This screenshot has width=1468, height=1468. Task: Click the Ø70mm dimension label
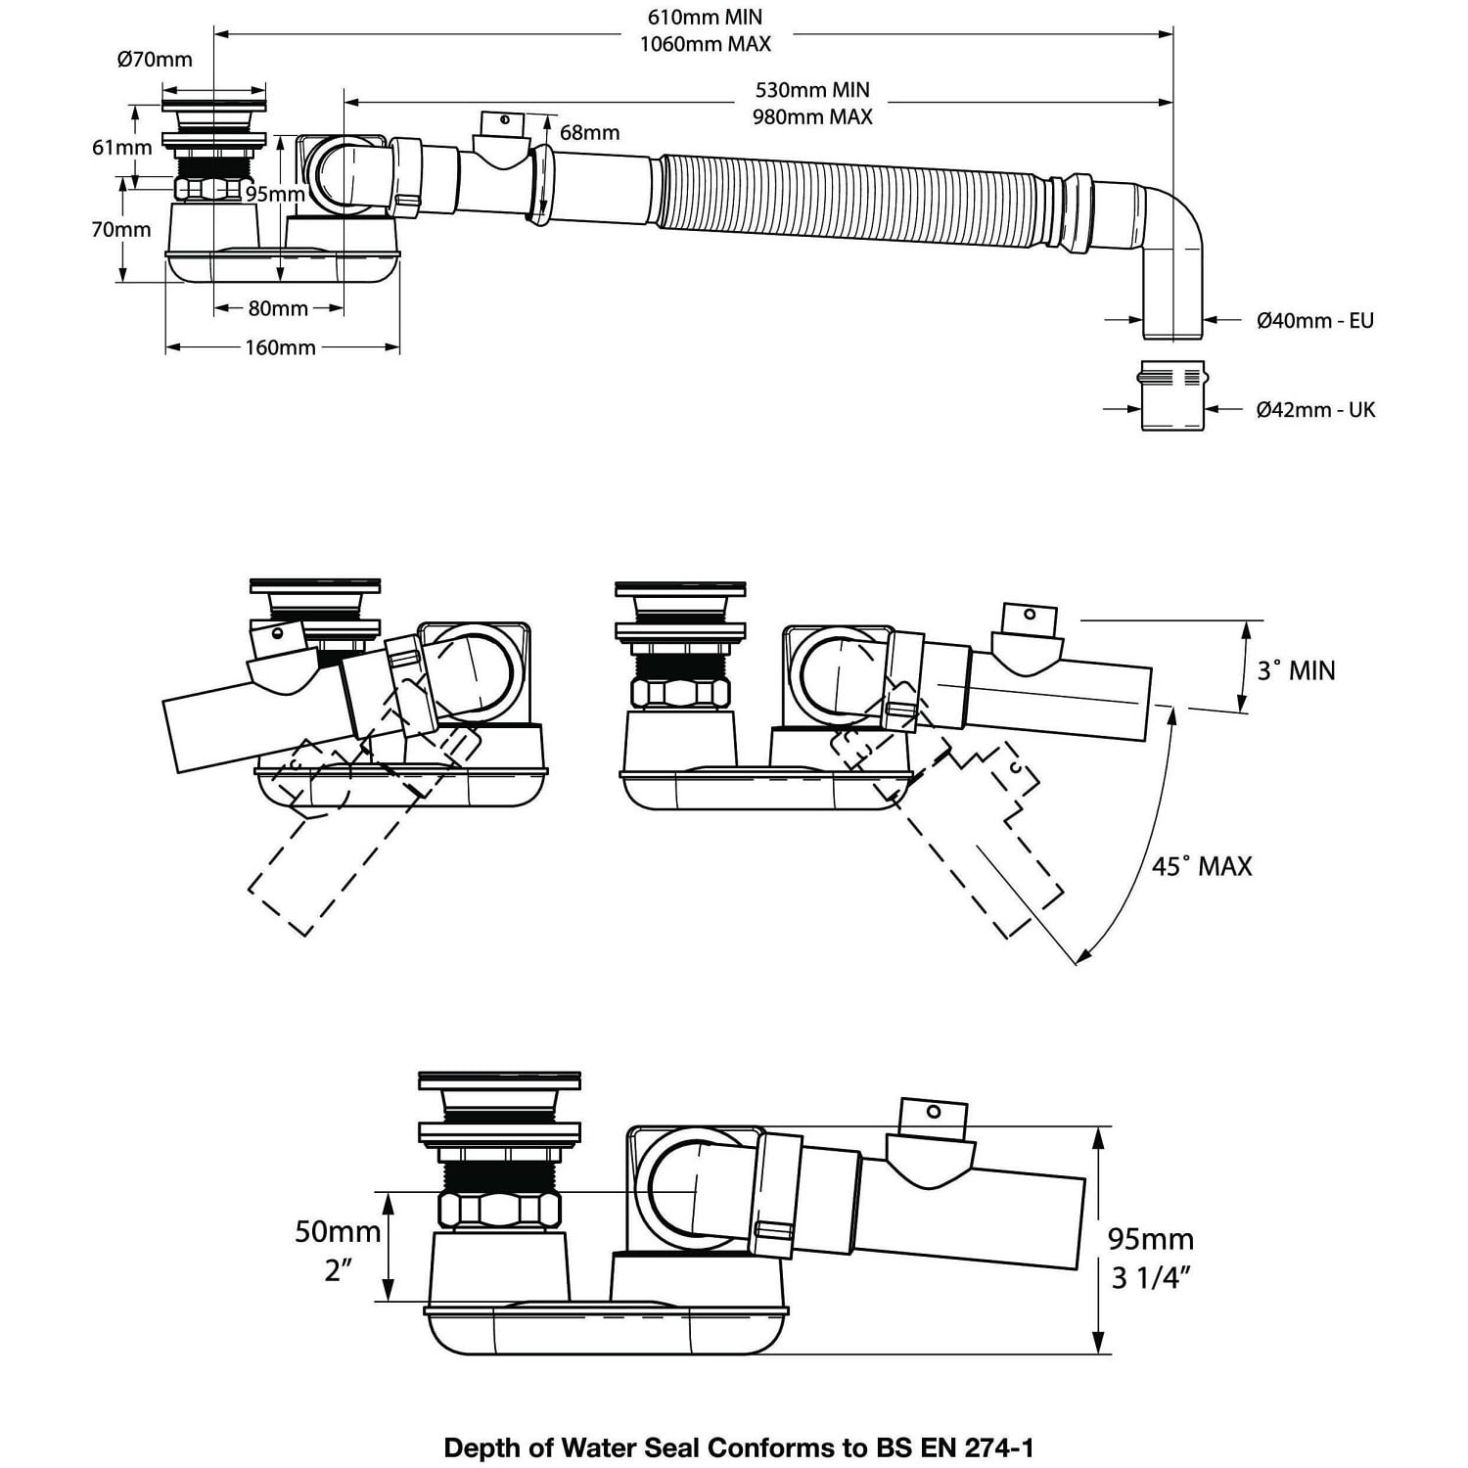(155, 60)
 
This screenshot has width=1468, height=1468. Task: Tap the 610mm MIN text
(705, 17)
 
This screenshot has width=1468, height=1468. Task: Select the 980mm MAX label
(812, 116)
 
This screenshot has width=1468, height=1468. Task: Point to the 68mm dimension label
(589, 132)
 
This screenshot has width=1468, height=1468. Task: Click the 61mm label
(122, 147)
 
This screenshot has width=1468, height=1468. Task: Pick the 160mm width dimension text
(280, 347)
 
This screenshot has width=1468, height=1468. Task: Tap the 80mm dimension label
(278, 308)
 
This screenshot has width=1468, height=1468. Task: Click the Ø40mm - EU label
(1314, 320)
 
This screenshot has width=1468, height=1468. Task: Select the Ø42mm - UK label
(1315, 409)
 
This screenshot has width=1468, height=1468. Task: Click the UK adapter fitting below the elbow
(1172, 395)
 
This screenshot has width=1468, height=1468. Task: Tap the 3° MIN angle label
(1296, 670)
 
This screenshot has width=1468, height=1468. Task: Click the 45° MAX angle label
(1201, 866)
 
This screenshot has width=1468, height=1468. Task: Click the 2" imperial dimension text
(338, 1271)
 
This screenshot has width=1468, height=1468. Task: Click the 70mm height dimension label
(121, 230)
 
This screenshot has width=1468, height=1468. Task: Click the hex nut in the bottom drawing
(500, 1210)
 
